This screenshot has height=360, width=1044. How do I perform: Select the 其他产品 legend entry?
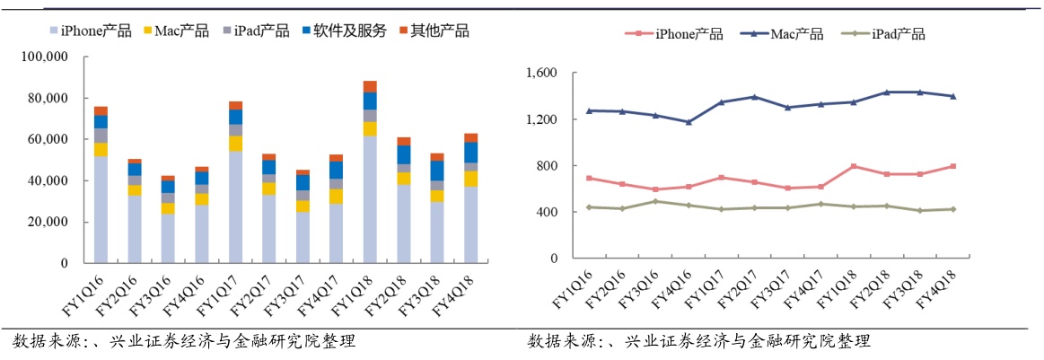(433, 31)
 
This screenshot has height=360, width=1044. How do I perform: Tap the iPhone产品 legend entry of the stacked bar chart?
(93, 31)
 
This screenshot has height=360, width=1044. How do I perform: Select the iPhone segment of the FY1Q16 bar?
(101, 210)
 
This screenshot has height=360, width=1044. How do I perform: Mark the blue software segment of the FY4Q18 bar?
(471, 152)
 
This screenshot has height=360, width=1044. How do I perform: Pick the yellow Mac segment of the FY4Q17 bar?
(337, 196)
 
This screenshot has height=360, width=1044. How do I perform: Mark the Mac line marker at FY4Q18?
(952, 96)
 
